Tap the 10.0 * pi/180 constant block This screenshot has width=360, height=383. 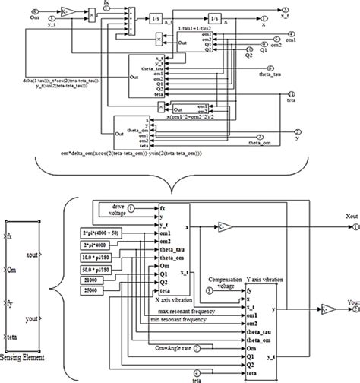pos(98,256)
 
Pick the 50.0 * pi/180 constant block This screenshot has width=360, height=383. pos(98,269)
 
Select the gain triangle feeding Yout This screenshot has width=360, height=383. pos(325,311)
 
